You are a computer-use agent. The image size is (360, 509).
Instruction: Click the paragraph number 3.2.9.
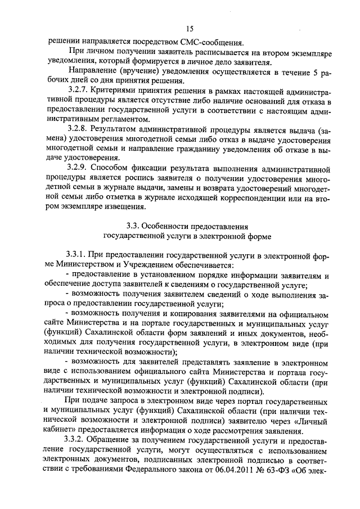[78, 168]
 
